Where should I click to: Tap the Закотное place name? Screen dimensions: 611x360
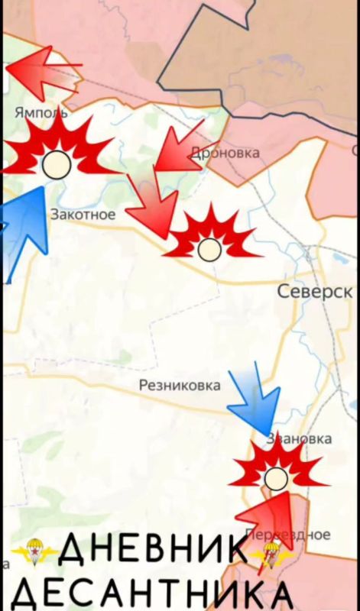click(83, 215)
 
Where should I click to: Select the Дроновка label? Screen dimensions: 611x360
click(225, 153)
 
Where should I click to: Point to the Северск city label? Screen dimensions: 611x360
click(315, 291)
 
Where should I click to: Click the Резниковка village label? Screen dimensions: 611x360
click(180, 386)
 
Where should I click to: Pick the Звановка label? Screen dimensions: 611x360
click(299, 438)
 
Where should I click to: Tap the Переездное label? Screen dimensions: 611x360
click(289, 535)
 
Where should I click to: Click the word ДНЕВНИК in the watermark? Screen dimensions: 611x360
click(153, 550)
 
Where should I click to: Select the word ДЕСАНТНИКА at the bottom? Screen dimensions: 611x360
click(153, 593)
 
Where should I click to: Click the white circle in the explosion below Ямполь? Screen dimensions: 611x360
click(56, 164)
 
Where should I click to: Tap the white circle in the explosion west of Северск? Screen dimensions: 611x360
click(208, 249)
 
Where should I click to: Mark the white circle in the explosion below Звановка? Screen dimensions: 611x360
click(276, 479)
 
